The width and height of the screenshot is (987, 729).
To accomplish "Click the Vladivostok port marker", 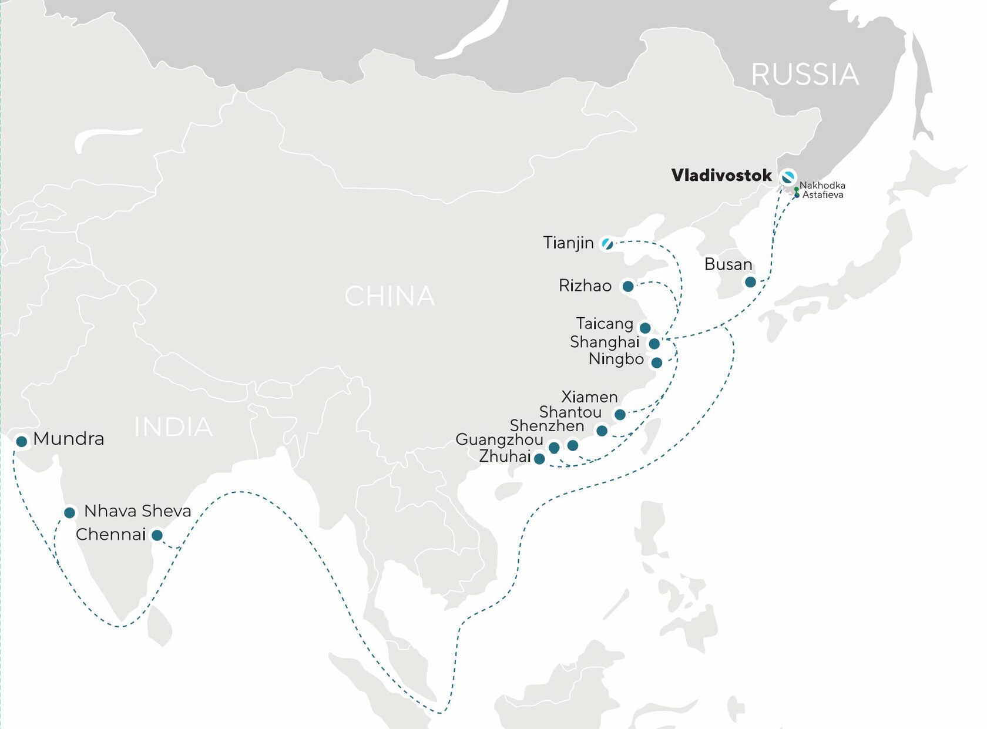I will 788,176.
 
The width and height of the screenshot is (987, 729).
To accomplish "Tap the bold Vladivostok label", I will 721,175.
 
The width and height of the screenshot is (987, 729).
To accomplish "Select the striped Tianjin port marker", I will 607,243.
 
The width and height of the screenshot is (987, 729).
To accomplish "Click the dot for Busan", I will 750,282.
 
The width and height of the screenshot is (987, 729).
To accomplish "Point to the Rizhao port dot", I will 628,286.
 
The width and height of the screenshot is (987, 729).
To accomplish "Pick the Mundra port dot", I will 22,441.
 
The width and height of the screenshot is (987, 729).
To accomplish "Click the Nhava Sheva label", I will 137,511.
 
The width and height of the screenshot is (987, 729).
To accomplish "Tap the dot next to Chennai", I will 157,535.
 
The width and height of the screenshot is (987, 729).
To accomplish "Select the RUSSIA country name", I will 805,75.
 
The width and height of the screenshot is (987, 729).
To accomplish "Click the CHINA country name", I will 390,296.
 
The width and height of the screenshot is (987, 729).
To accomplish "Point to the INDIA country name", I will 173,427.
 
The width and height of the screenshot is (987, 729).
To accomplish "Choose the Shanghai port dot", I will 654,344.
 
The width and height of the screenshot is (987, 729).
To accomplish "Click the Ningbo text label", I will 616,359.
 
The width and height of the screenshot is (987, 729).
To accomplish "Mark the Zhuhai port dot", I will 539,459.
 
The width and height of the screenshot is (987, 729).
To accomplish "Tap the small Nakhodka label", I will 822,185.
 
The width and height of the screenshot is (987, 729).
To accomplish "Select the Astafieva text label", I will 823,194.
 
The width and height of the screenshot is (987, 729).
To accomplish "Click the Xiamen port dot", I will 620,415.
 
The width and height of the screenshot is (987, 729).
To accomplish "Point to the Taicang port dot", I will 645,328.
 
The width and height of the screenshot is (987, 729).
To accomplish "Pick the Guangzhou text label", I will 499,439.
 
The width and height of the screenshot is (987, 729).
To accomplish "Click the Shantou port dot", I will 602,431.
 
